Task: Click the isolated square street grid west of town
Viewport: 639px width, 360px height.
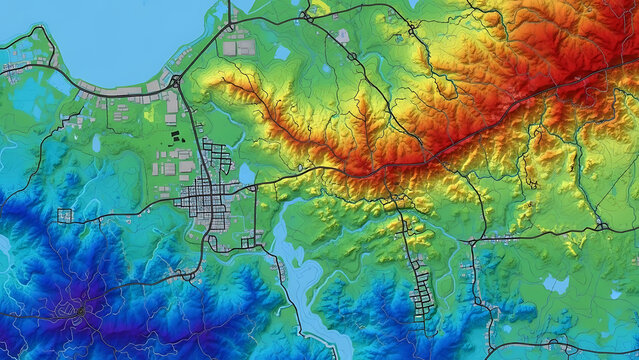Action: click(x=66, y=216)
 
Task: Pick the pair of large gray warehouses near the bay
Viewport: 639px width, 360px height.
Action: click(x=236, y=44)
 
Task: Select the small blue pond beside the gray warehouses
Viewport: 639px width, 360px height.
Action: click(x=282, y=52)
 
